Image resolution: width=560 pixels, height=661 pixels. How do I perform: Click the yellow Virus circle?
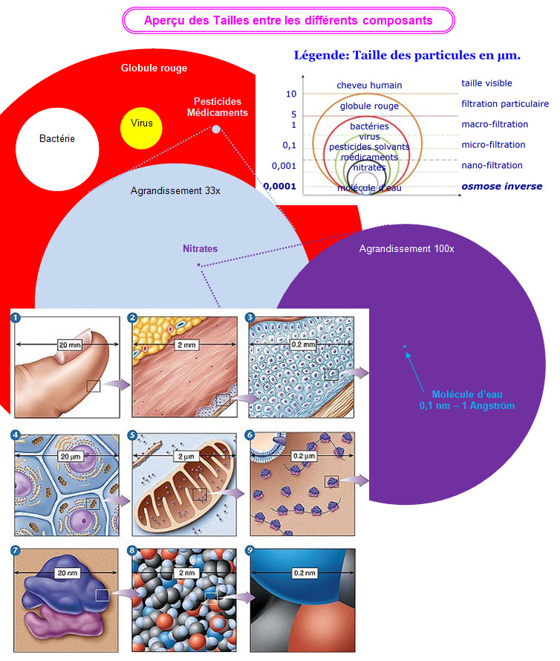(x=141, y=123)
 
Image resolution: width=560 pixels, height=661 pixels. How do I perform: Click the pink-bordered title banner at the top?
(x=287, y=20)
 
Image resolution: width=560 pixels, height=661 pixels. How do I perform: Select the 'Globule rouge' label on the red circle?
(x=154, y=68)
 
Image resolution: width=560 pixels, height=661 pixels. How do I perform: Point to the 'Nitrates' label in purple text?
(x=201, y=249)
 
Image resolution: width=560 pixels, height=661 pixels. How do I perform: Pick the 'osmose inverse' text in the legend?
(x=501, y=187)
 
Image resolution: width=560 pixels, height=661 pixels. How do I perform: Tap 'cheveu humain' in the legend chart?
(x=369, y=86)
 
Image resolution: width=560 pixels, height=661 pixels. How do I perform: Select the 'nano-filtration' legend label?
(x=492, y=166)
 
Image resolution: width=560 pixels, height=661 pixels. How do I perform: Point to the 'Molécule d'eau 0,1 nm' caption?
(x=466, y=400)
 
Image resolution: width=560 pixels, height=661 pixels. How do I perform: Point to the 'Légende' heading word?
(x=319, y=56)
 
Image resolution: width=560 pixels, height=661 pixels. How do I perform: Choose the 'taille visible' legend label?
(x=486, y=83)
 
